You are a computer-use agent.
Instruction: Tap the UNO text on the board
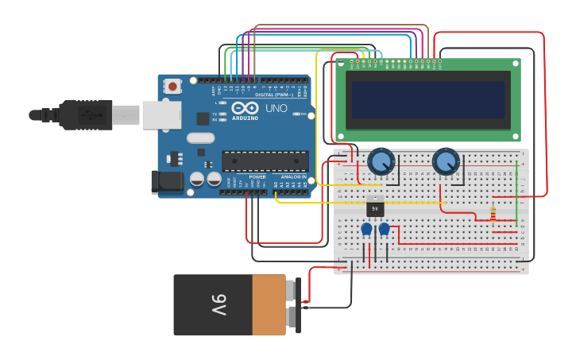[x=276, y=109]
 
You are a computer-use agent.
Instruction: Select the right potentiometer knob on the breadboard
[x=446, y=162]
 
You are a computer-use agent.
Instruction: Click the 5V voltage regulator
[x=376, y=208]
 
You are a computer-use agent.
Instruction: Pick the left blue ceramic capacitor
[x=366, y=229]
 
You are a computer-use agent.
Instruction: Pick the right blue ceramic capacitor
[x=385, y=229]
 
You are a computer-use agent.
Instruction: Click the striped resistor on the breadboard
[x=493, y=214]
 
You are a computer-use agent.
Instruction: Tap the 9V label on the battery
[x=218, y=305]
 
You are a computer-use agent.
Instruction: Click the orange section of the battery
[x=269, y=305]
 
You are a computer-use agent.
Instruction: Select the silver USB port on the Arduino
[x=161, y=115]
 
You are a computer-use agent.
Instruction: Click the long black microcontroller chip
[x=265, y=161]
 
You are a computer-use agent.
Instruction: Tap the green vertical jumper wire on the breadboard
[x=517, y=195]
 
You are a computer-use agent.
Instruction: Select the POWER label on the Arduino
[x=257, y=176]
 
